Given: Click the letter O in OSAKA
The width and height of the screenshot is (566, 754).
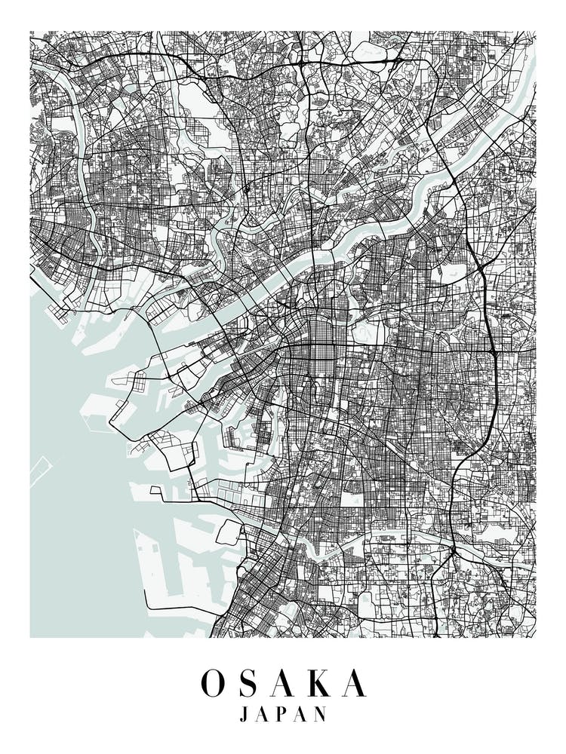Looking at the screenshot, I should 213,683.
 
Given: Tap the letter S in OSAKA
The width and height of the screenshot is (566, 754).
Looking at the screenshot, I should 252,683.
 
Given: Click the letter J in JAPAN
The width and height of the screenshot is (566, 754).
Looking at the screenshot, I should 244,714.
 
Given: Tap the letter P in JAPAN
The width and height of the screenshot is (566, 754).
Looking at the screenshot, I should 283,714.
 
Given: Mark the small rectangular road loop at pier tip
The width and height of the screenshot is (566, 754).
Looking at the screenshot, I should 156,491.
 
